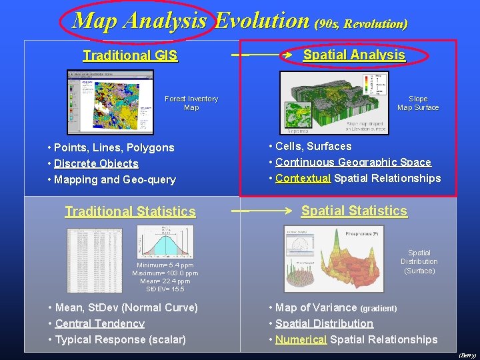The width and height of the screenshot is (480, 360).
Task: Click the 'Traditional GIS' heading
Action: tap(130, 56)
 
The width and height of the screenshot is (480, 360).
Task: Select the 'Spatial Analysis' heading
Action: tap(354, 55)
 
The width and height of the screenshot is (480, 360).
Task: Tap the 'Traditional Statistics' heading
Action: tap(130, 212)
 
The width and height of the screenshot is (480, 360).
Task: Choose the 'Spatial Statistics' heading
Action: tap(354, 211)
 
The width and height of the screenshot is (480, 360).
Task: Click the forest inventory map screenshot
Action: tap(110, 101)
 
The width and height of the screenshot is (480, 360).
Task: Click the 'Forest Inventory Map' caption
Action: tap(191, 103)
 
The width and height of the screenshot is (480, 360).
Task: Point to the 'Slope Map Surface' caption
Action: tap(418, 103)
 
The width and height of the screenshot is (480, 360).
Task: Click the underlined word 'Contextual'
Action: tap(303, 179)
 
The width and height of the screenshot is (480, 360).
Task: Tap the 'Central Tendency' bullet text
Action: tap(100, 324)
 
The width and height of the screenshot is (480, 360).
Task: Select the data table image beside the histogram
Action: tap(99, 259)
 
